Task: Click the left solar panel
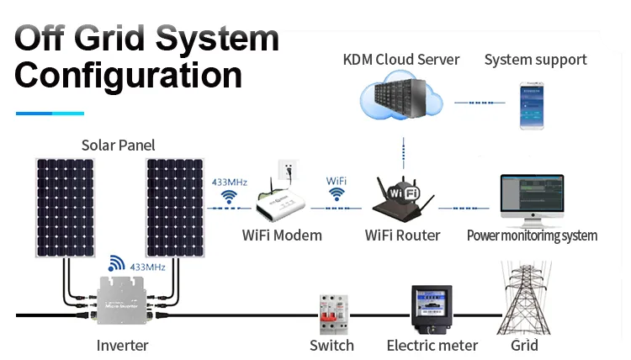pyautogui.click(x=65, y=207)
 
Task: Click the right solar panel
pyautogui.click(x=175, y=207)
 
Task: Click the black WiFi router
pyautogui.click(x=401, y=198)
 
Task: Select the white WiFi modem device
pyautogui.click(x=282, y=202)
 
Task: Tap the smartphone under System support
pyautogui.click(x=532, y=105)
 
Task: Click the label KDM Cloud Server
pyautogui.click(x=401, y=60)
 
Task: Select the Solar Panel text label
pyautogui.click(x=118, y=146)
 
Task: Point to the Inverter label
pyautogui.click(x=122, y=346)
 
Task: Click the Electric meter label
pyautogui.click(x=432, y=346)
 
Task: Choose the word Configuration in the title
pyautogui.click(x=128, y=76)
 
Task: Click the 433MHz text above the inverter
pyautogui.click(x=147, y=267)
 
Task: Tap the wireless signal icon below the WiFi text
pyautogui.click(x=337, y=195)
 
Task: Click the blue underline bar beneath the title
pyautogui.click(x=50, y=113)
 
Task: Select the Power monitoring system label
pyautogui.click(x=532, y=236)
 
